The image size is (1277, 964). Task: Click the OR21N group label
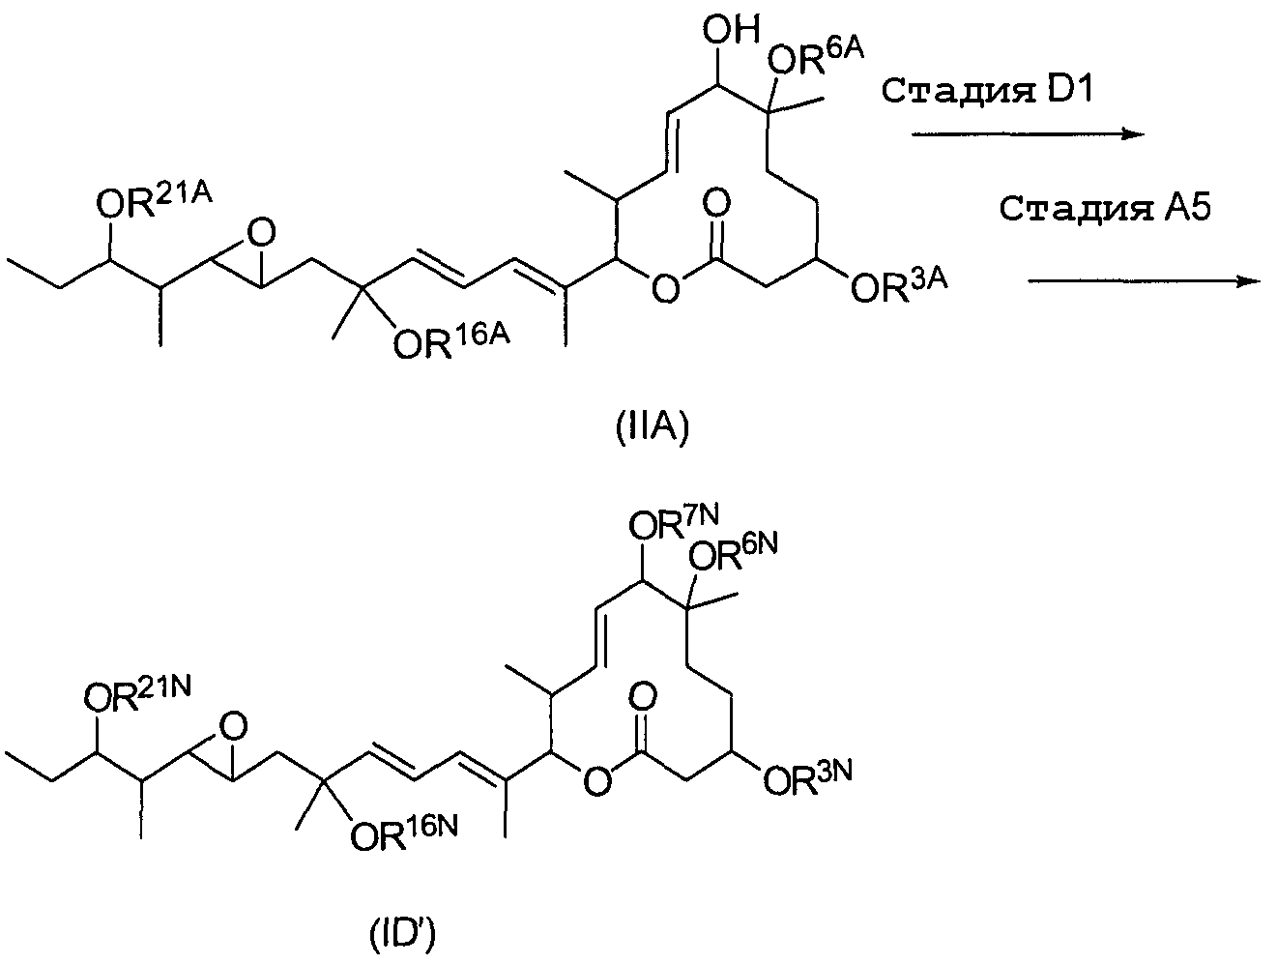point(136,694)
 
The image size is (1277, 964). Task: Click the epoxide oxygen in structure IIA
point(259,231)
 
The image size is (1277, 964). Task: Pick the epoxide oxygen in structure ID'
point(230,723)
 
